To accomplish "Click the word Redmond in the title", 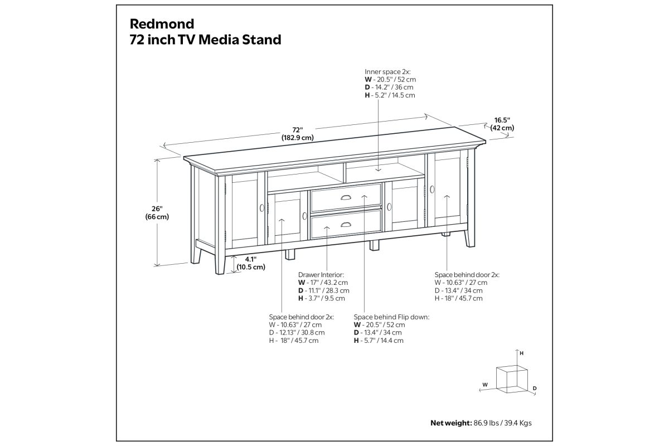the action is (162, 24).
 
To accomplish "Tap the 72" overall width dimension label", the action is (298, 134).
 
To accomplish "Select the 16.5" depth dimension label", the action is (502, 124).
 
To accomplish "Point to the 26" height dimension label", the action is (157, 213).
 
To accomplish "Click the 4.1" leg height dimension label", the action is (251, 263).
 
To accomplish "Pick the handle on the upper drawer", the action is (346, 197).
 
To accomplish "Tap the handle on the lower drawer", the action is (346, 224).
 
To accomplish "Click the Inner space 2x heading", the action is (387, 72).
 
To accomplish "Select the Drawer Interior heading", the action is (321, 275).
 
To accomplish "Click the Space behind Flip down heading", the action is (391, 317).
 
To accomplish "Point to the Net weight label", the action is (451, 423).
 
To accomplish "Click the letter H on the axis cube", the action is (521, 353).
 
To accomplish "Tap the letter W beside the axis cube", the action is (485, 385).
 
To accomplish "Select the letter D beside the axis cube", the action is (535, 389).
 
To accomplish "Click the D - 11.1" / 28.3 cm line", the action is (324, 290).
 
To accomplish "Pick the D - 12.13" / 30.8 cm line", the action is (297, 332).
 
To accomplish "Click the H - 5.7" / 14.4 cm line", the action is (379, 341).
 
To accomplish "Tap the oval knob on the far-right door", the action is (432, 190).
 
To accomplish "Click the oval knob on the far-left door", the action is (262, 208).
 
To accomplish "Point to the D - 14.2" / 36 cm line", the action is (389, 87).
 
